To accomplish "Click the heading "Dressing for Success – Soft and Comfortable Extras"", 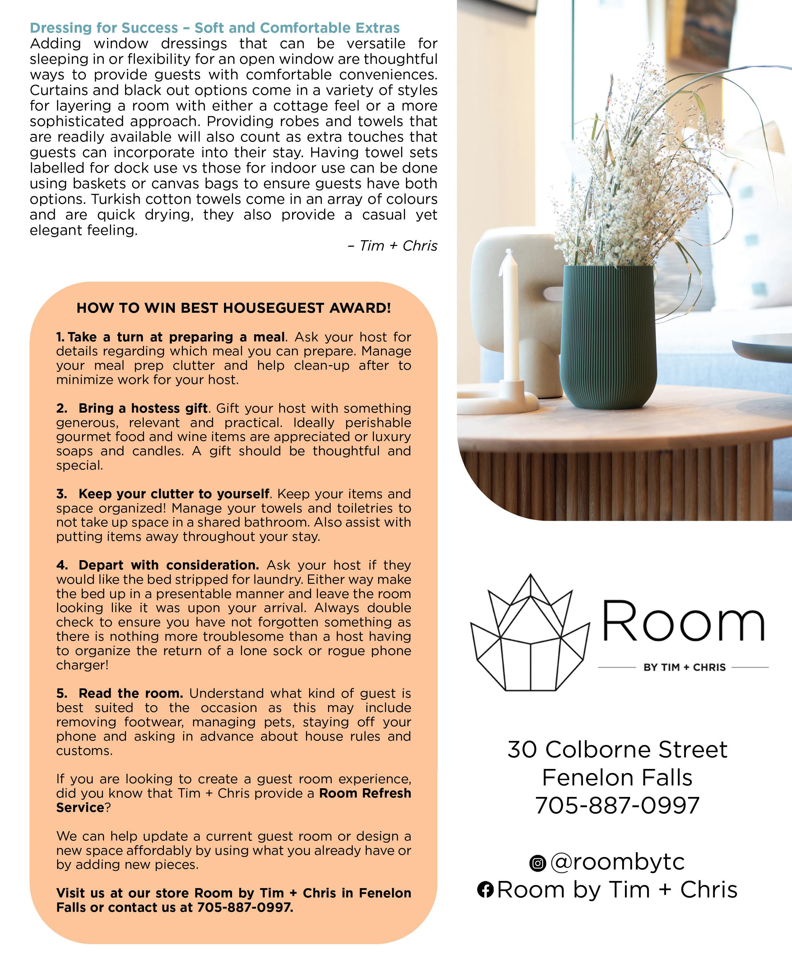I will point(214,28).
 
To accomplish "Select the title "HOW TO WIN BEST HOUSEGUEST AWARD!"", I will point(234,308).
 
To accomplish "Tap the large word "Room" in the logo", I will point(683,622).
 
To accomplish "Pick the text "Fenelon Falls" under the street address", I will point(617,777).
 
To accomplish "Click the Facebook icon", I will point(485,890).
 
